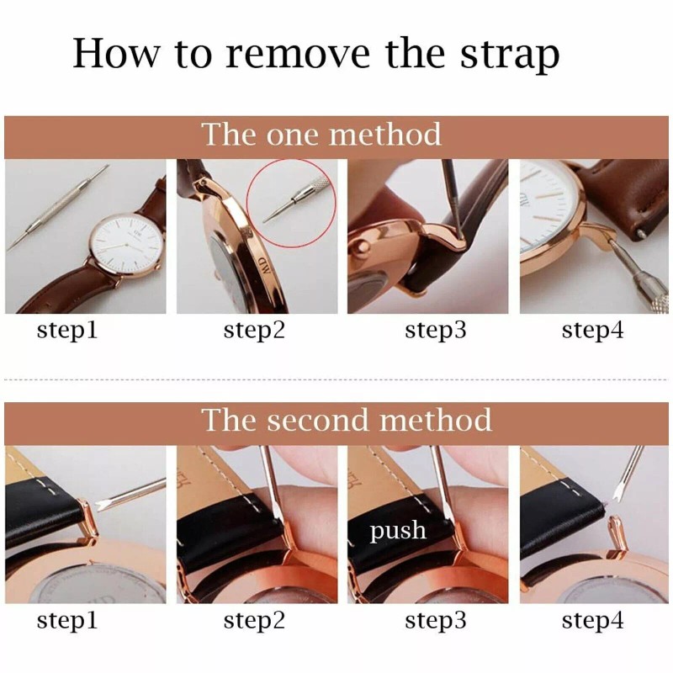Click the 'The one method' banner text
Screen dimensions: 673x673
(x=321, y=135)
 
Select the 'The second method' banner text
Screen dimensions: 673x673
(x=346, y=419)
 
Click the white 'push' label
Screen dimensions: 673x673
(x=397, y=531)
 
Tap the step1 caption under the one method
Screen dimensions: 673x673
(x=67, y=331)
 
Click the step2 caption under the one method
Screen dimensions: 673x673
(x=254, y=331)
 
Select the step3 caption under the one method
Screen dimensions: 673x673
(x=435, y=331)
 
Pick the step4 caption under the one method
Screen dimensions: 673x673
(x=592, y=331)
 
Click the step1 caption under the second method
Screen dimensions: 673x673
(x=67, y=622)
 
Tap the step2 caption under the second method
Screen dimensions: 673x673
(x=254, y=622)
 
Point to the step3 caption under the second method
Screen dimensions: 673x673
(x=435, y=622)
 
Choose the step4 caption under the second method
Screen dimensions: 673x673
(x=592, y=622)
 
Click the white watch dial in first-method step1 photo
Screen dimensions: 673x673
(x=125, y=244)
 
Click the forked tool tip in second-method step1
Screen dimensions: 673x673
(x=105, y=504)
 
